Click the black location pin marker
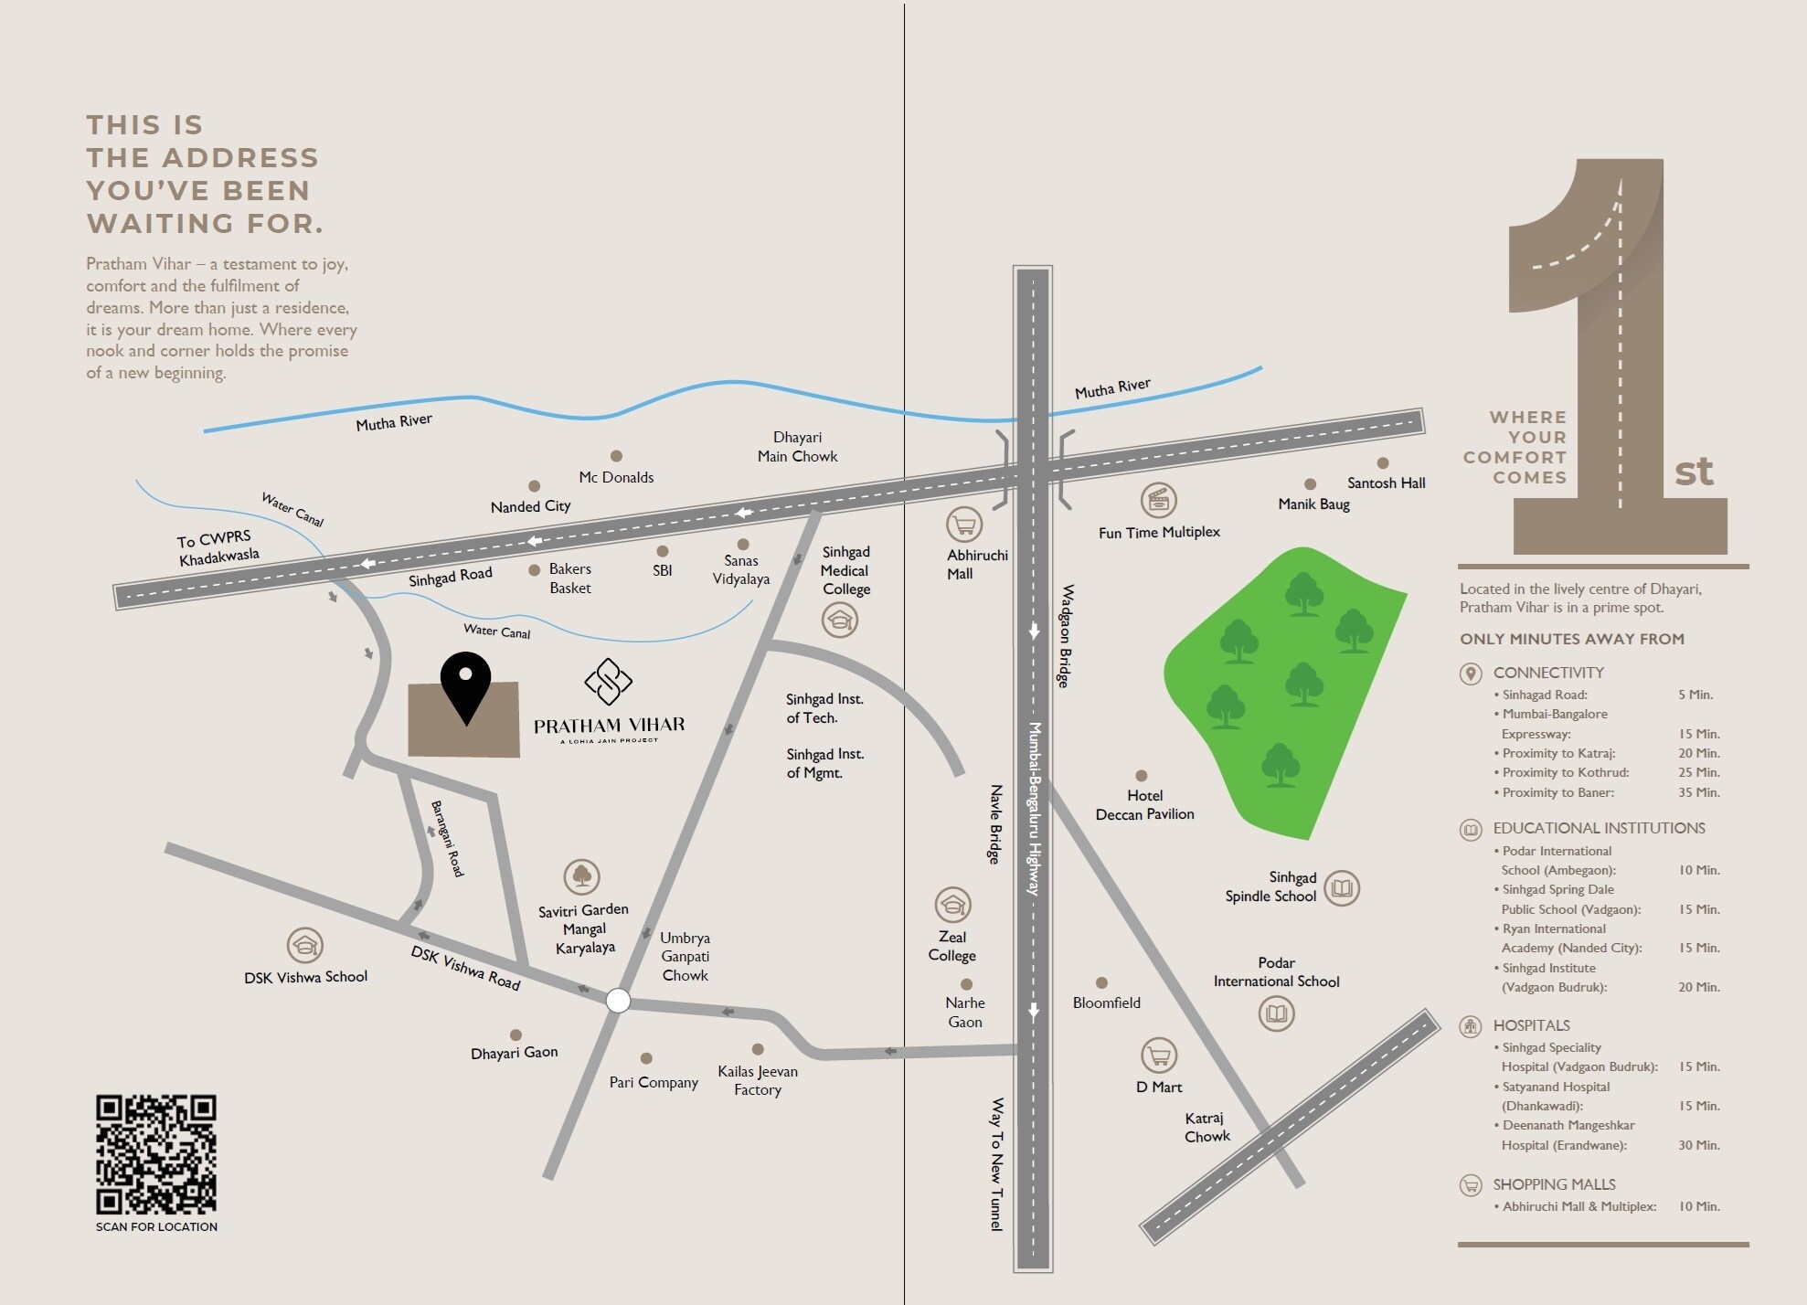click(465, 685)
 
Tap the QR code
click(156, 1154)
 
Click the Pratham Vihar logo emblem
click(609, 682)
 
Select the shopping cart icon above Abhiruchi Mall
click(964, 525)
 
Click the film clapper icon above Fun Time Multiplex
click(1159, 500)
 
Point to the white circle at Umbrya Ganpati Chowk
click(619, 1001)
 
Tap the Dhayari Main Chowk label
click(797, 447)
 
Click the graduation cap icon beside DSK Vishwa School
click(305, 945)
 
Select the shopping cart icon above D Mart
click(1159, 1056)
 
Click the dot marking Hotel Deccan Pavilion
click(1142, 776)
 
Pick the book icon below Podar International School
click(1276, 1013)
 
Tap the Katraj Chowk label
click(1206, 1128)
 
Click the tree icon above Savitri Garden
click(582, 877)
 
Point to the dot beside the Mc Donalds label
click(616, 456)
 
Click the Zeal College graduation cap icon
click(952, 905)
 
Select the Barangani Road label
click(448, 839)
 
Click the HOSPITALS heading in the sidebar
click(1531, 1025)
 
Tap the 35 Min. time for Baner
click(1698, 792)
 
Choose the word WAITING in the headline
click(160, 223)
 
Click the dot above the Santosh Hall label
click(1383, 463)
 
